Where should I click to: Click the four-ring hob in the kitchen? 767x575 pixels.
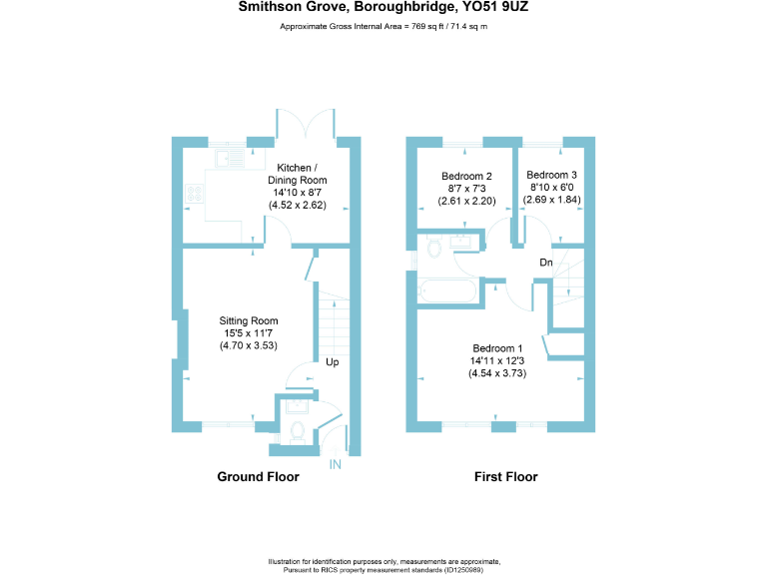[x=192, y=194]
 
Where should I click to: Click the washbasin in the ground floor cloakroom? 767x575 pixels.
[x=296, y=405]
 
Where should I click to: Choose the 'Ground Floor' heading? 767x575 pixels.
[x=258, y=477]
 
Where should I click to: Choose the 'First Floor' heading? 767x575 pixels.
[x=505, y=477]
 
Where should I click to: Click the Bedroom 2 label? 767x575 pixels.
[x=467, y=176]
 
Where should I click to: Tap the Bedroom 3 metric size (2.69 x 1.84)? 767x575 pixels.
[x=552, y=200]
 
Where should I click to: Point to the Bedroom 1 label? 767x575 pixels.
[x=497, y=348]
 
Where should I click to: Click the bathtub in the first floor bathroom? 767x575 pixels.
[x=448, y=292]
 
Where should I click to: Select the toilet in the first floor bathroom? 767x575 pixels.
[x=433, y=247]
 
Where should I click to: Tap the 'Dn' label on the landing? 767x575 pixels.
[x=546, y=263]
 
